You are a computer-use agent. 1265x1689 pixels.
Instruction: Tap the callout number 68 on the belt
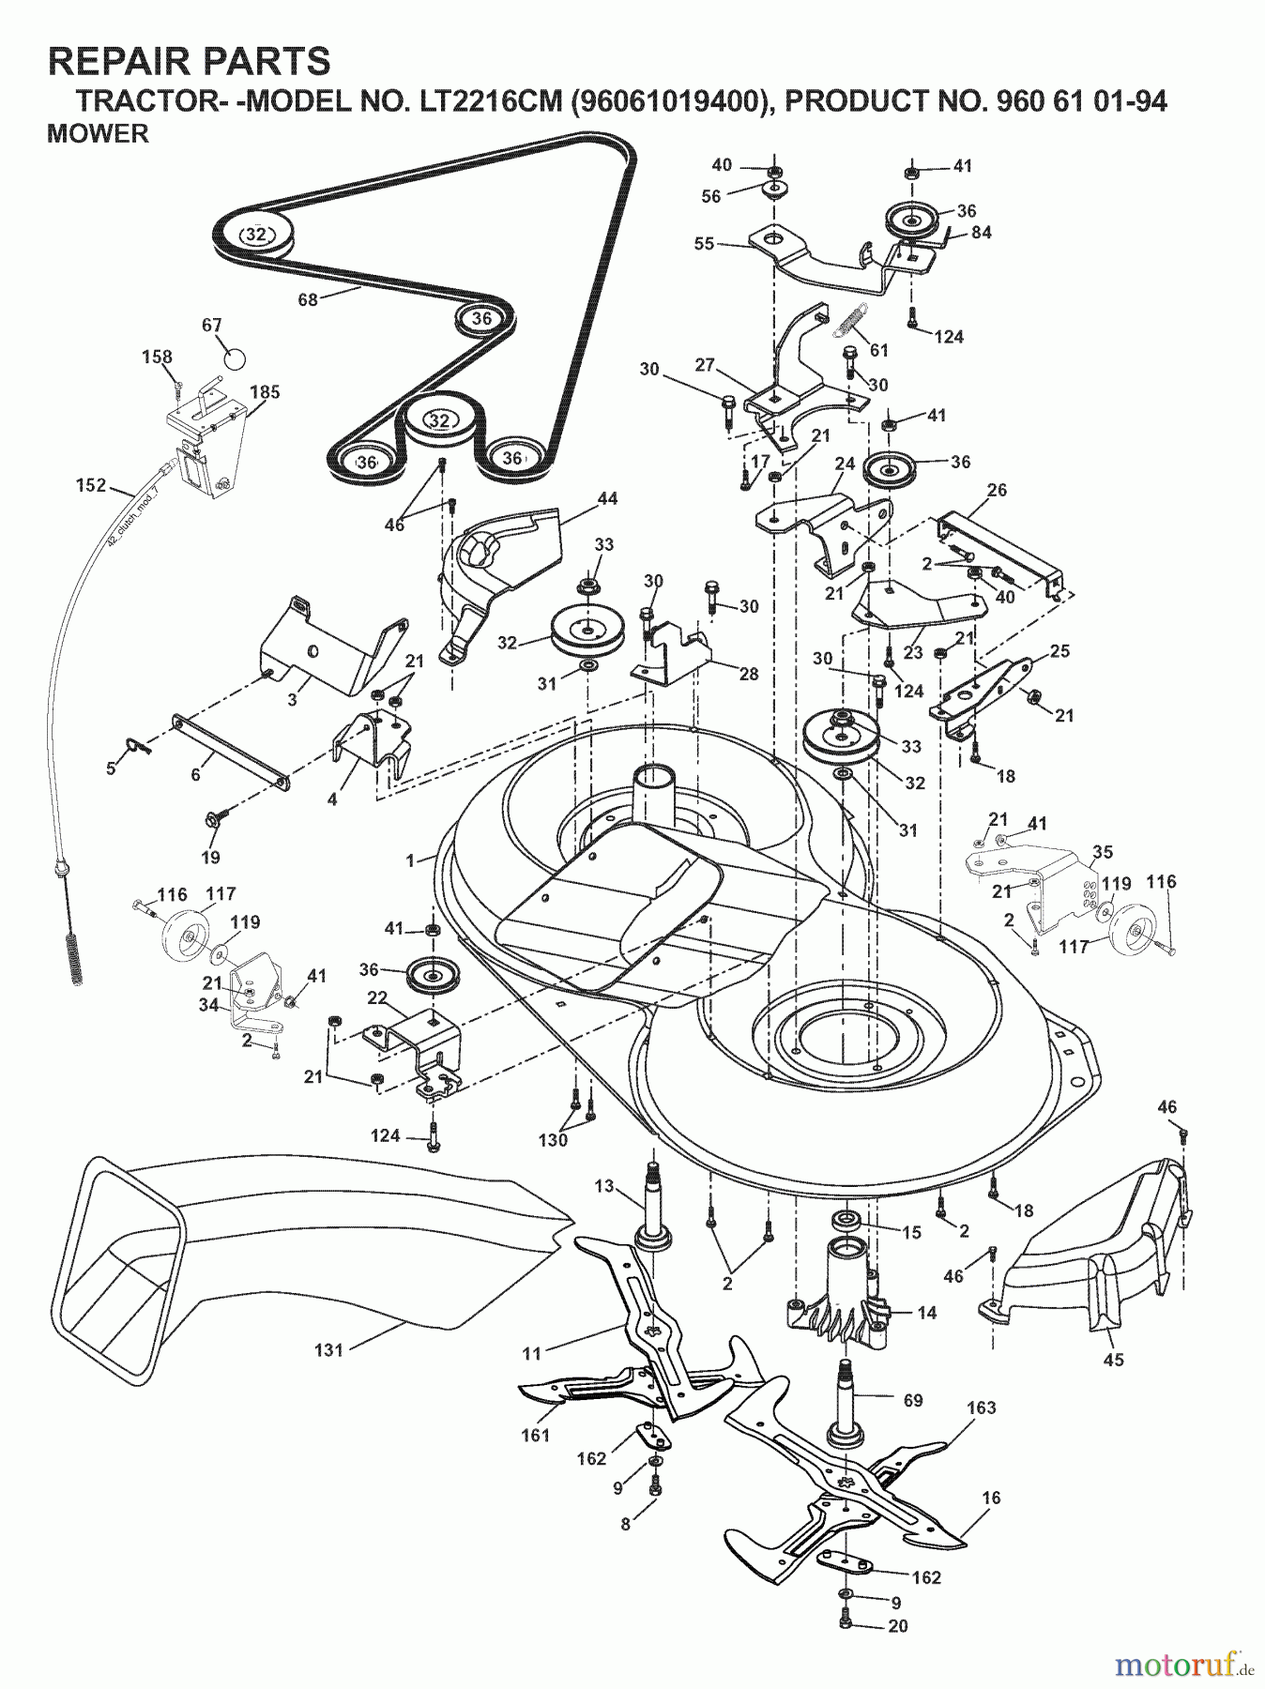point(308,299)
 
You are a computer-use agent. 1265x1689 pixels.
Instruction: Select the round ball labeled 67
point(234,358)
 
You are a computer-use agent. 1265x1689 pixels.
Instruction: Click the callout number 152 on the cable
point(92,485)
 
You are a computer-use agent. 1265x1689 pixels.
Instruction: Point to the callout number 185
point(265,392)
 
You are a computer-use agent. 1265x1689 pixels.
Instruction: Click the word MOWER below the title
point(98,134)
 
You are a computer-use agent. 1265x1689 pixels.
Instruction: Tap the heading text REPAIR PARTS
point(189,62)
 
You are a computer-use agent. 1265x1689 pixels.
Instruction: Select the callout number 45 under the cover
point(1113,1360)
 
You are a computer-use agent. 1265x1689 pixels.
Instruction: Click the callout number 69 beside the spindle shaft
point(912,1400)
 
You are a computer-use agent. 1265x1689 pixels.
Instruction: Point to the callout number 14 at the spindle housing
point(926,1313)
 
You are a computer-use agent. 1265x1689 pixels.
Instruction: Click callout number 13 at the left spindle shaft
point(603,1186)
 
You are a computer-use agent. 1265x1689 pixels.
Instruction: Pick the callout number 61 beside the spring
point(878,350)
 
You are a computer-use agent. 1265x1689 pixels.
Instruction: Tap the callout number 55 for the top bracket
point(704,244)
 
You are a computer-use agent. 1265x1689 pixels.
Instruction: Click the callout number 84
point(982,232)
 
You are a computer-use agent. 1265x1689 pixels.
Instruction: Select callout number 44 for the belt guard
point(607,498)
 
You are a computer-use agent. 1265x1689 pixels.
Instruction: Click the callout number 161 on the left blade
point(536,1435)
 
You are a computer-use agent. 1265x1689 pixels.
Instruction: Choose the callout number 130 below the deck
point(553,1140)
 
